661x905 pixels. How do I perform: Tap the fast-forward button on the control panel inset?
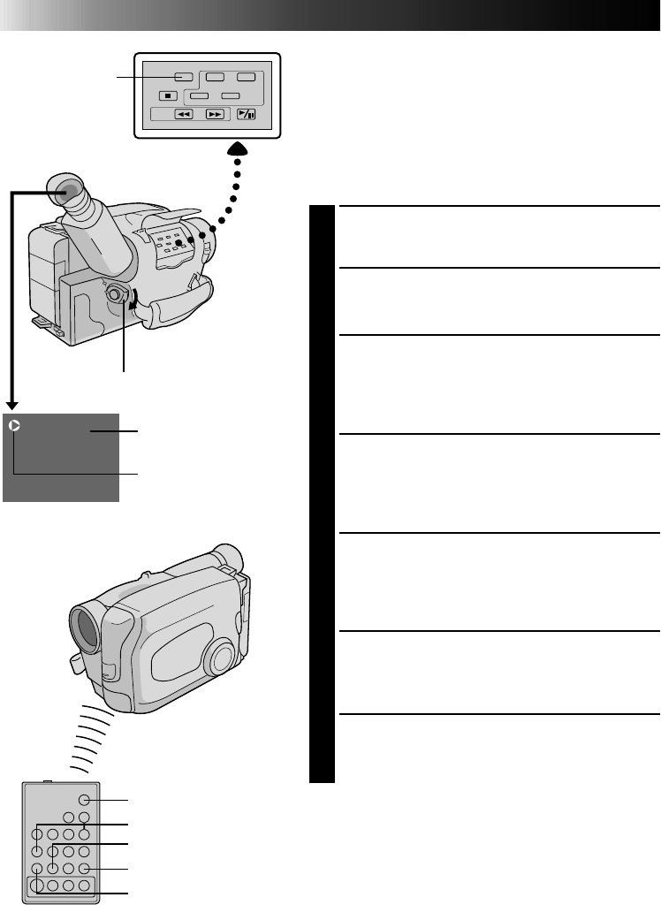click(215, 114)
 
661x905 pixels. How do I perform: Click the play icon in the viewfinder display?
click(14, 426)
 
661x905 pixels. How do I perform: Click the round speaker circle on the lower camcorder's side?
click(219, 658)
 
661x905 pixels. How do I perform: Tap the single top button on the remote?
click(84, 800)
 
